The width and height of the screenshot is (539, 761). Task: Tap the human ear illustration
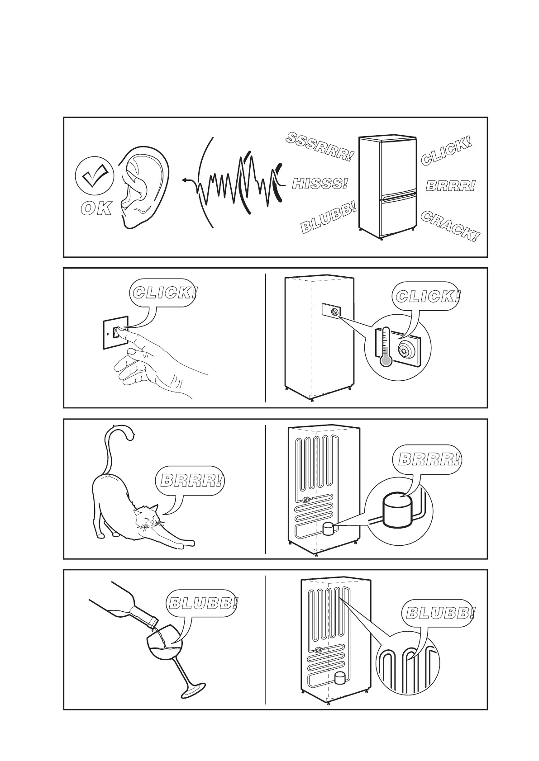click(143, 185)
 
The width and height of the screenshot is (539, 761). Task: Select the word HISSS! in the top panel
click(320, 184)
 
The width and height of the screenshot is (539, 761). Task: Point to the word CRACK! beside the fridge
click(449, 226)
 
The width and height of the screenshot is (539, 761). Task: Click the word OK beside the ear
click(96, 208)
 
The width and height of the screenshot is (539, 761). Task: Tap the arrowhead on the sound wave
click(185, 180)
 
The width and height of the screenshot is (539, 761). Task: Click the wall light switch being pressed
click(119, 332)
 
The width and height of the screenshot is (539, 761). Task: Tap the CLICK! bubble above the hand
click(165, 293)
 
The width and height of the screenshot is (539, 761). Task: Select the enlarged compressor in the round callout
click(397, 510)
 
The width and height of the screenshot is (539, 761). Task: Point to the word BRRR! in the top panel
click(451, 186)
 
